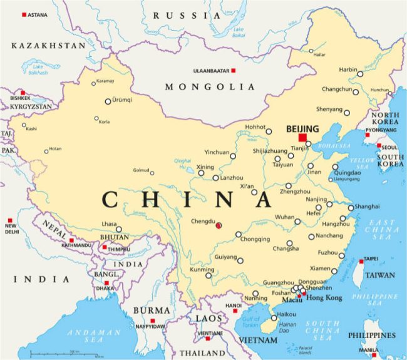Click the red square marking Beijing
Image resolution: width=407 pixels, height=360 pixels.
tap(303, 138)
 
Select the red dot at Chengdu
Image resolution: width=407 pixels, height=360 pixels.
tap(218, 225)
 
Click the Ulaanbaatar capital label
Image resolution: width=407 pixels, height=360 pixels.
tap(209, 71)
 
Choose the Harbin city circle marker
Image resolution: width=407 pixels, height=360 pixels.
tap(360, 74)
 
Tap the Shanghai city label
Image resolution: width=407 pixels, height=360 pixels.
tap(367, 206)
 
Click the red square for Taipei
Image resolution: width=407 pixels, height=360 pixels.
tap(361, 260)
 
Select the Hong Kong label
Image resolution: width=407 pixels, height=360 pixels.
tap(324, 298)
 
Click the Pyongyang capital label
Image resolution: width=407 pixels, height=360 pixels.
tap(382, 130)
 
